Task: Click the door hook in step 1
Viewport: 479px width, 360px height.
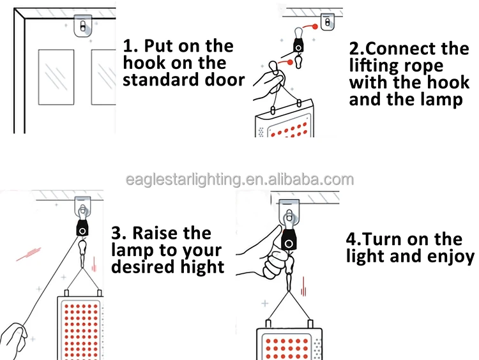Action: (x=83, y=26)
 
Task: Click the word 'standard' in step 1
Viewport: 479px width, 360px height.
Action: (x=161, y=80)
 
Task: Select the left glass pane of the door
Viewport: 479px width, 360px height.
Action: (x=56, y=77)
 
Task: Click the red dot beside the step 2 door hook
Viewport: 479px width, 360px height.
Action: (x=315, y=27)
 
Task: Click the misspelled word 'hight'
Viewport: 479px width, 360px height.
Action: (x=202, y=267)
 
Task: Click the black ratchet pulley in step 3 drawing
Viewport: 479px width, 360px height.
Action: (x=82, y=228)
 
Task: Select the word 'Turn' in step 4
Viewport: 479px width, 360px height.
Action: (x=383, y=239)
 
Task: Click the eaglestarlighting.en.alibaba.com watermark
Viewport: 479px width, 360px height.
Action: (x=240, y=179)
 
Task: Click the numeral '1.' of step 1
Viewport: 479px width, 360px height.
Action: (x=131, y=46)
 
